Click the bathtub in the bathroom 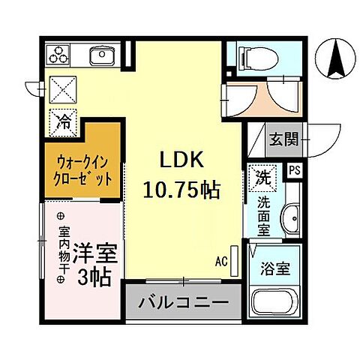[x=275, y=295]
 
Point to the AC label [x=221, y=262]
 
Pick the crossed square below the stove [x=63, y=89]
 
